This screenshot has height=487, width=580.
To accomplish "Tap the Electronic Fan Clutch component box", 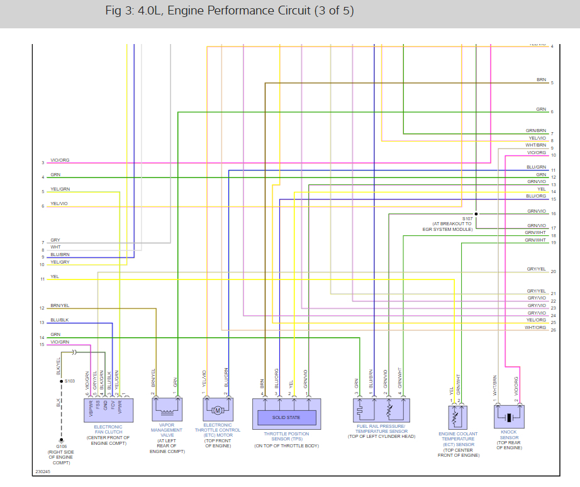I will (x=108, y=410).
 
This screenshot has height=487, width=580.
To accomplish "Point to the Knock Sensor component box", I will (x=509, y=417).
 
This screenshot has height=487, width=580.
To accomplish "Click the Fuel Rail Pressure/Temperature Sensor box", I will (x=382, y=410).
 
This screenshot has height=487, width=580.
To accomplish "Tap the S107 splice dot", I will (x=476, y=214).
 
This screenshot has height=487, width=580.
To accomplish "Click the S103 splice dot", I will (x=61, y=381).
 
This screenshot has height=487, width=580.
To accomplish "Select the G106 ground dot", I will (x=61, y=441).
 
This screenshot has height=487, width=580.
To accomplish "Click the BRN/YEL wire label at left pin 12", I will (x=60, y=306).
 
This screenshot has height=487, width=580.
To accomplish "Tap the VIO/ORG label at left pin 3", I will (x=60, y=160).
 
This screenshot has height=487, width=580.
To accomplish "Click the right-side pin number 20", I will (x=553, y=272).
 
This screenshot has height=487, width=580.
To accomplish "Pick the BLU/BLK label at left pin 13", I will (x=60, y=320).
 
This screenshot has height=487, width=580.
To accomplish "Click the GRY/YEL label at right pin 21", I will (x=536, y=291).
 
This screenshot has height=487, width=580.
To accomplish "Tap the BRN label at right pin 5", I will (x=541, y=80).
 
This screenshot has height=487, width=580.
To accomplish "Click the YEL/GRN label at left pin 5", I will (x=60, y=189).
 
